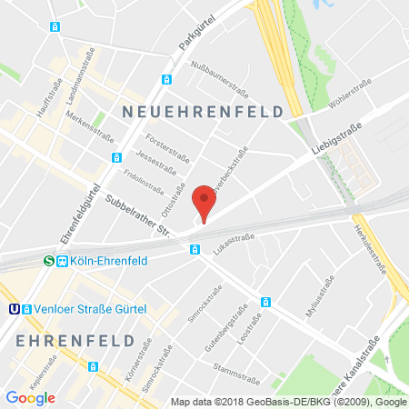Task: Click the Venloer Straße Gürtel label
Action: [x=93, y=307]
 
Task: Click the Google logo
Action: [x=30, y=397]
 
